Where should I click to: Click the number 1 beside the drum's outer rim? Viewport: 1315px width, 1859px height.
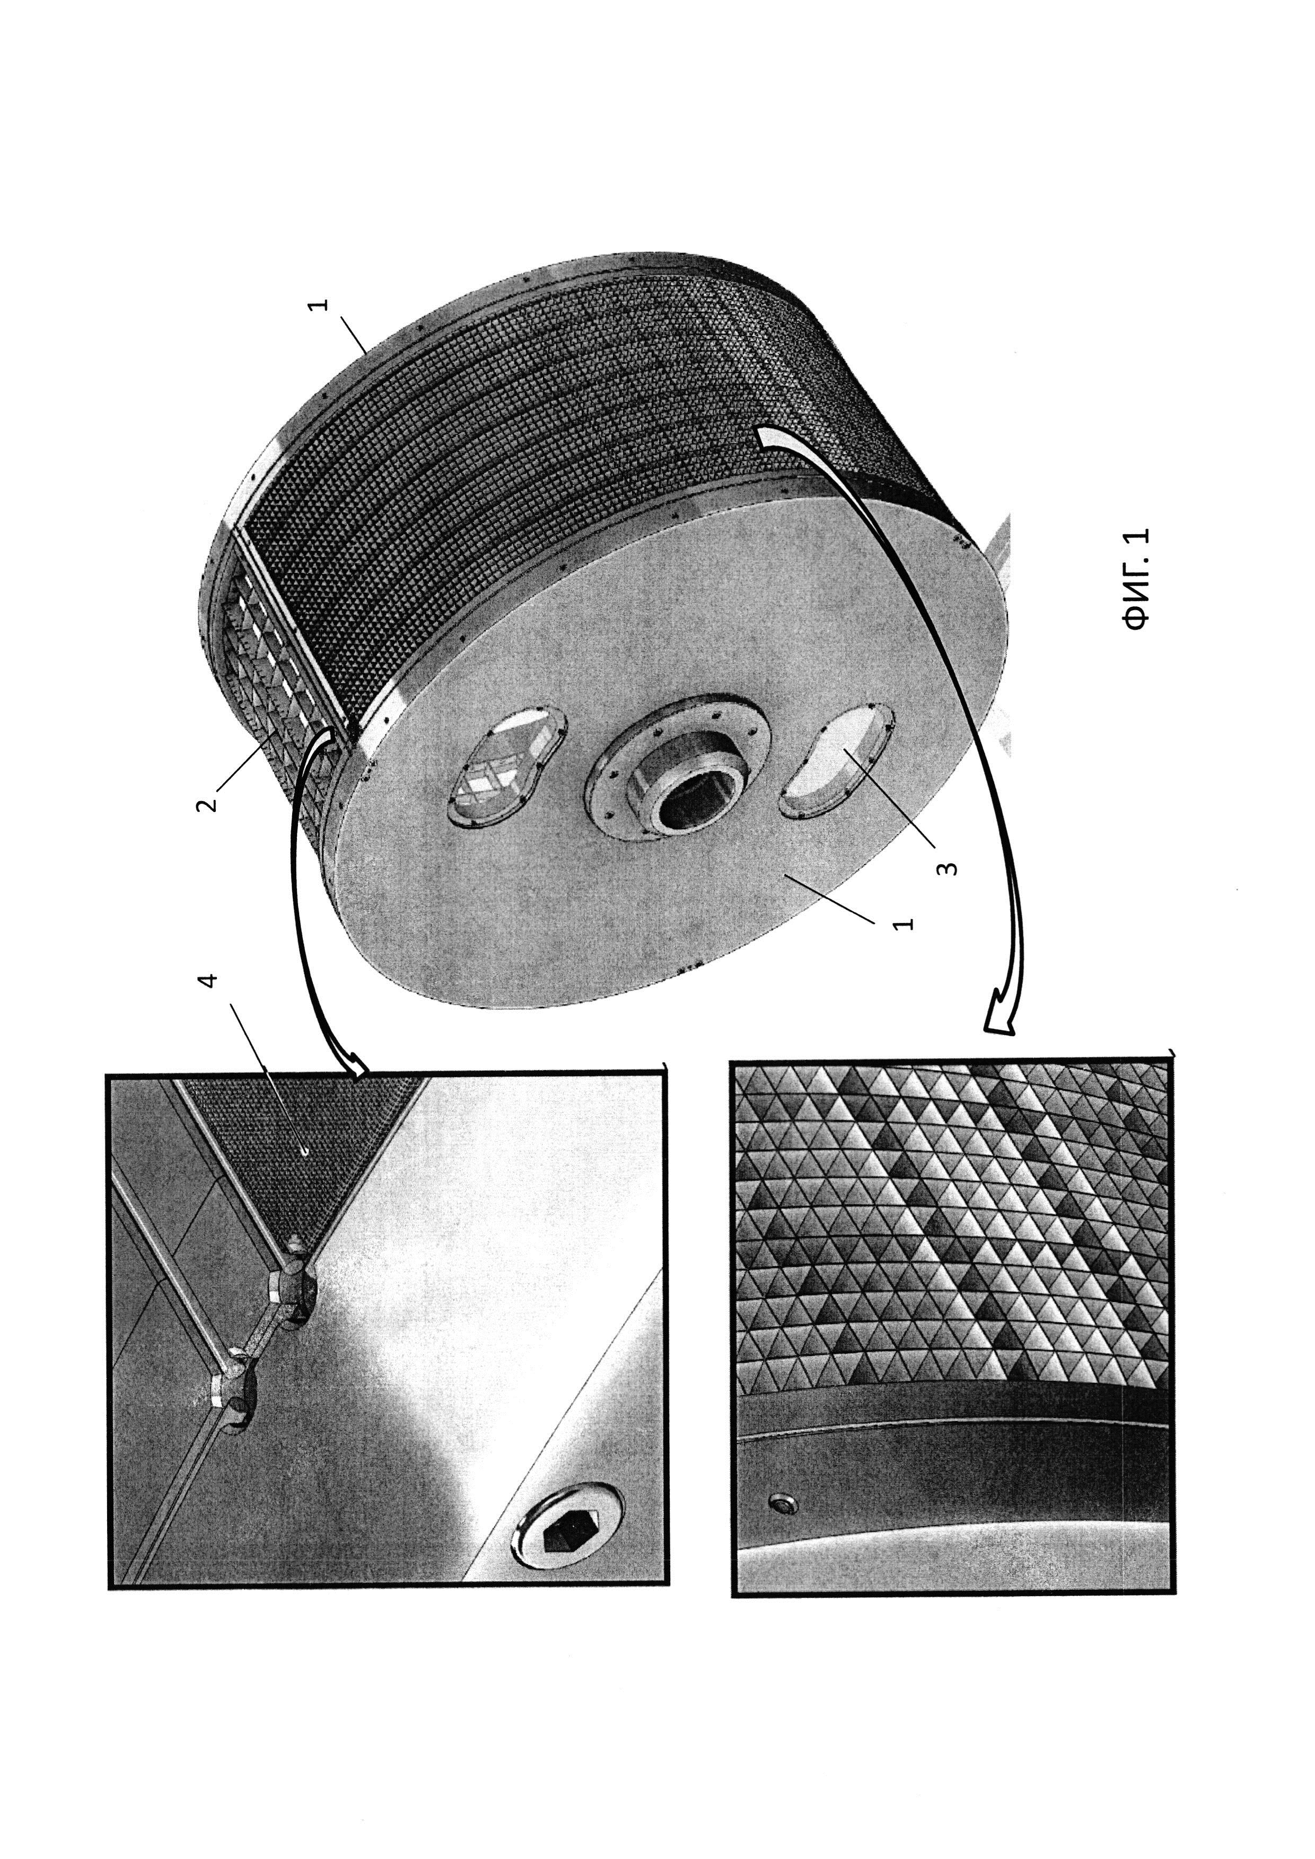coord(321,306)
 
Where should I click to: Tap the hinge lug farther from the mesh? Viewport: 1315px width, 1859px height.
coord(232,1389)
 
